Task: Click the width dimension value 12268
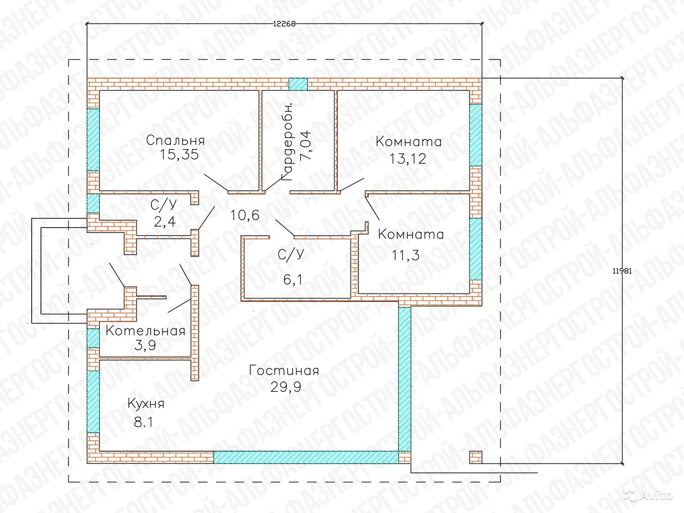point(284,24)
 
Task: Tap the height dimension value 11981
point(623,271)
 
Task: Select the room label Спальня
point(175,140)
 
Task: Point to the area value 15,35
point(179,155)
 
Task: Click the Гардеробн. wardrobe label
point(287,142)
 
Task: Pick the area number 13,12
point(408,159)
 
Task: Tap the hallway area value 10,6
point(245,215)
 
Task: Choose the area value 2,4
point(165,221)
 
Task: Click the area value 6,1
point(293,279)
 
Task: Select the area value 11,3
point(406,255)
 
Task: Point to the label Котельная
point(145,331)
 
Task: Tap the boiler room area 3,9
point(145,345)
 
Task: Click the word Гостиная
point(284,371)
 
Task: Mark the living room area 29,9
point(285,387)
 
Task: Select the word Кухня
point(146,404)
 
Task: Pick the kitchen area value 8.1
point(143,423)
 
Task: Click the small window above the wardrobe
point(298,84)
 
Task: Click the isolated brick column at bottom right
point(476,457)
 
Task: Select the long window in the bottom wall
point(306,457)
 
